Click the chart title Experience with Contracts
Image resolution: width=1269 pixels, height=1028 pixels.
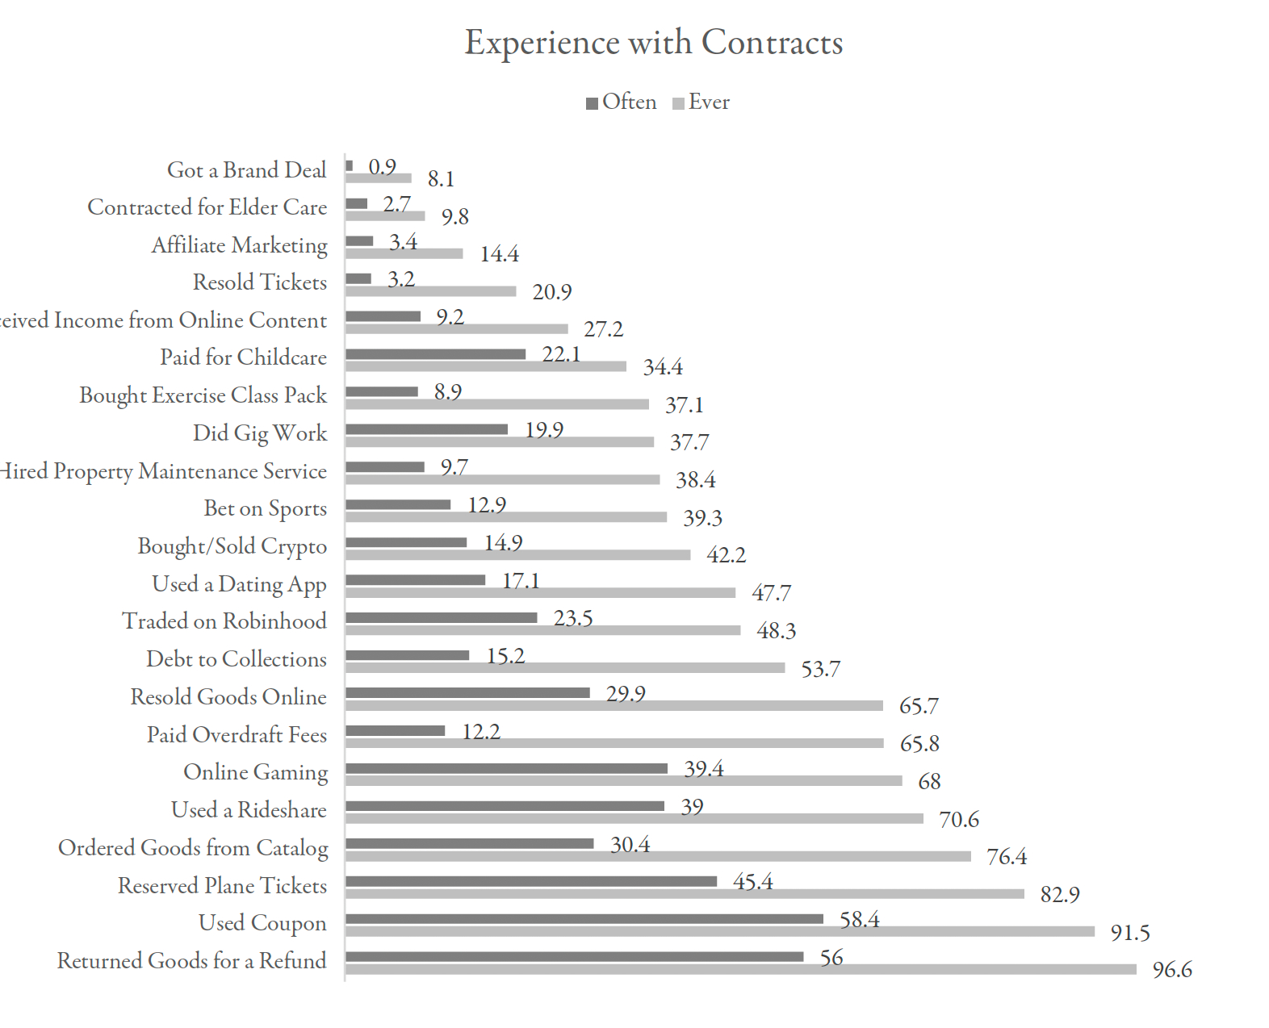point(653,43)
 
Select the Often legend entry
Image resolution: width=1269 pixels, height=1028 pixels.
point(622,102)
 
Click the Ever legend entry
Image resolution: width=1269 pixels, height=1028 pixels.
point(702,102)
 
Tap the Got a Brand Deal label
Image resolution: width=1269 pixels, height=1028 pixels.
point(246,170)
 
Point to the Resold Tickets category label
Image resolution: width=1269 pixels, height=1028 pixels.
point(259,282)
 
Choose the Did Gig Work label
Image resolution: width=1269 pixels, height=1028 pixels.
point(259,433)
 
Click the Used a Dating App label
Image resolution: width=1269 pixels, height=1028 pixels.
point(239,584)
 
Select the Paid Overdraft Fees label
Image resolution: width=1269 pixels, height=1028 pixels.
point(237,735)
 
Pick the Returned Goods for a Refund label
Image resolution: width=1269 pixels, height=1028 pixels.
point(191,961)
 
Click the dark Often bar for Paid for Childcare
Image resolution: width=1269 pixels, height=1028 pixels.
point(435,354)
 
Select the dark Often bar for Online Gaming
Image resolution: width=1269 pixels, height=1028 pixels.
point(506,768)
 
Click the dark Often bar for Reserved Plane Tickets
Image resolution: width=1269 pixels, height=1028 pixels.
point(531,881)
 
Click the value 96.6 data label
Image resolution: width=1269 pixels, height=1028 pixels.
point(1172,970)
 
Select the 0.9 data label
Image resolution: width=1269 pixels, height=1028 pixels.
point(382,167)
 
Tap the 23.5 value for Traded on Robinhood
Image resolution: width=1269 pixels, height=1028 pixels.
point(572,619)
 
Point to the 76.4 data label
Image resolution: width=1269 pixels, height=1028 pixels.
point(1007,857)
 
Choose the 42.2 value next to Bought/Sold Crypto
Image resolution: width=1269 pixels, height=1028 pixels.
point(726,555)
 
